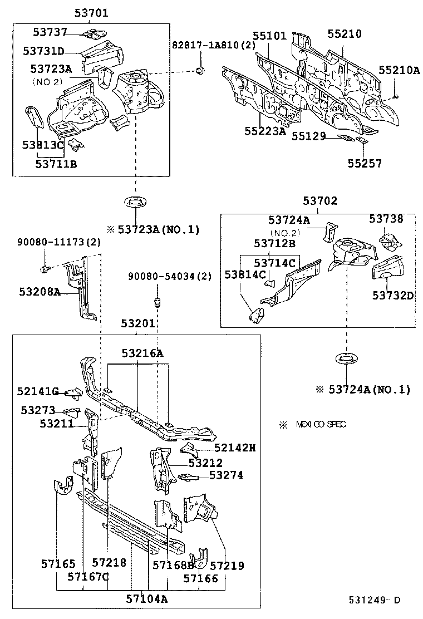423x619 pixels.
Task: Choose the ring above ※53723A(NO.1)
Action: point(135,202)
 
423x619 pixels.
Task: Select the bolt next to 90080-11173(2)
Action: point(46,269)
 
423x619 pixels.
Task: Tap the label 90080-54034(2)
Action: point(169,276)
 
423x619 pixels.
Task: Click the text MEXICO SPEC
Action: point(320,425)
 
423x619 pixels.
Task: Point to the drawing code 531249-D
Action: point(374,600)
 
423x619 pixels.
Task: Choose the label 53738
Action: point(386,219)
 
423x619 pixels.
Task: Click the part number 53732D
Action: point(393,295)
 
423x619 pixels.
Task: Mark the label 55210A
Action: point(399,70)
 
